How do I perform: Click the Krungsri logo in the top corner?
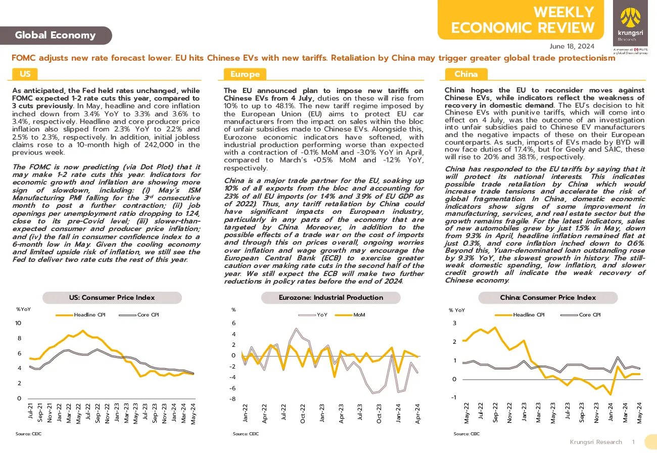tap(630, 23)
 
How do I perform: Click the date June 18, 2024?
tap(572, 47)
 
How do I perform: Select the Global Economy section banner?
tap(56, 35)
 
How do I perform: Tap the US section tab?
tap(25, 74)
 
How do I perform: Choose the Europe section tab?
tap(245, 74)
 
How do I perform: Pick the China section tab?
tap(466, 74)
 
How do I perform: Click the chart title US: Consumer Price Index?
tap(112, 297)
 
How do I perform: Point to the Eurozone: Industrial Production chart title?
tap(331, 297)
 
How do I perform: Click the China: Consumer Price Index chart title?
tap(548, 297)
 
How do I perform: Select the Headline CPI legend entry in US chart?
tap(80, 315)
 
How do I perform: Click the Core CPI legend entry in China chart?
tap(581, 315)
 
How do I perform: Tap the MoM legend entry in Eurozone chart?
tap(350, 315)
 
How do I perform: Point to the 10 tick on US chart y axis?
tap(18, 323)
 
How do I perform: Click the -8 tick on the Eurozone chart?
tap(232, 399)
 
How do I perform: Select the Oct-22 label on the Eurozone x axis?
tap(303, 414)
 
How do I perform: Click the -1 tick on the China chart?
tap(453, 397)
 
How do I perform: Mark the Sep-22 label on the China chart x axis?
tap(495, 413)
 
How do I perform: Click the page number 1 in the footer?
tap(633, 442)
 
